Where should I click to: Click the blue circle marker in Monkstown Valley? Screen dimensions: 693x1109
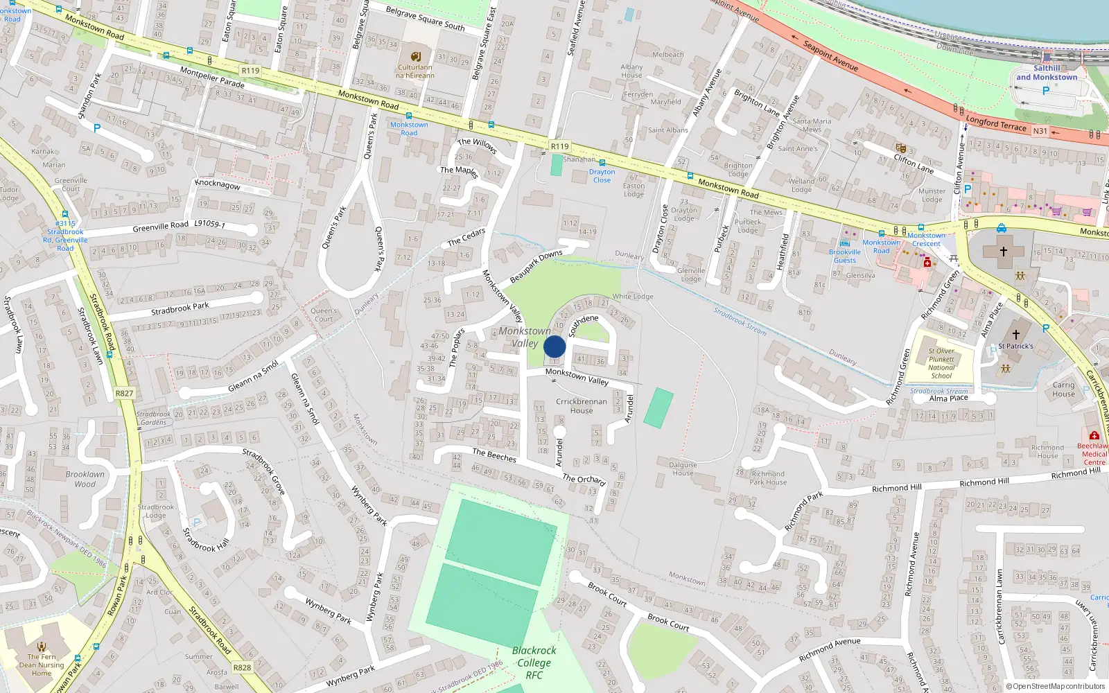click(554, 346)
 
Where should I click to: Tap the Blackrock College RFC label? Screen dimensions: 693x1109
click(534, 663)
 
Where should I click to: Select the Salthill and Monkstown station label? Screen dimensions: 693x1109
click(1047, 73)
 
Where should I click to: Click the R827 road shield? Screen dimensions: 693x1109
click(124, 393)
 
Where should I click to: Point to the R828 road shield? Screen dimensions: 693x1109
click(242, 667)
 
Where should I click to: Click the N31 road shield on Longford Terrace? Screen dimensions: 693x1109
click(1040, 131)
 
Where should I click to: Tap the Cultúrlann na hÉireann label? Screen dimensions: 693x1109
click(415, 71)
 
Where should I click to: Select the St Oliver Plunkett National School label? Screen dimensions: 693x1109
click(941, 363)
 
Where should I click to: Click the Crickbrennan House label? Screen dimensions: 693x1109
click(581, 406)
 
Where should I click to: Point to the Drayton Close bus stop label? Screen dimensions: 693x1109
click(602, 176)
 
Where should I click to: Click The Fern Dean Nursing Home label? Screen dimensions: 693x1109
click(42, 665)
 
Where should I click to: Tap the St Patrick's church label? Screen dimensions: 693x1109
click(1015, 346)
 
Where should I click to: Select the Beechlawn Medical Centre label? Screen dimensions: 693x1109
click(1094, 454)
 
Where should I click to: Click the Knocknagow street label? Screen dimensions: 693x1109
click(218, 184)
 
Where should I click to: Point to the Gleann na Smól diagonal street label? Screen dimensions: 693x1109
click(253, 376)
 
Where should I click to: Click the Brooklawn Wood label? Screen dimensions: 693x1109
click(85, 479)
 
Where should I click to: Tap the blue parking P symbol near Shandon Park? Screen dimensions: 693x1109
click(97, 128)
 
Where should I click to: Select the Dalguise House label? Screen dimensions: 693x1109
click(682, 469)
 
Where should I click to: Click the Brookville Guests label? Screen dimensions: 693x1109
click(845, 256)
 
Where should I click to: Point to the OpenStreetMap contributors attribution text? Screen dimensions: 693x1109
click(1055, 686)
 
